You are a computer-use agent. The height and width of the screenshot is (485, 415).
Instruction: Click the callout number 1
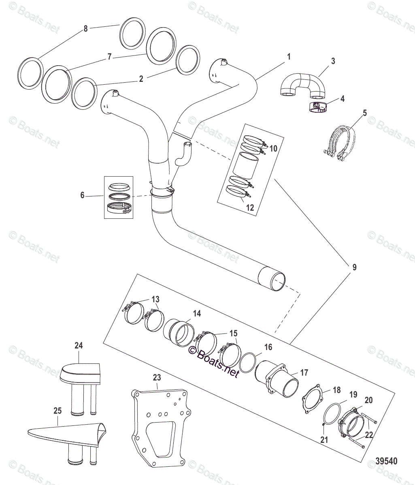pyautogui.click(x=289, y=57)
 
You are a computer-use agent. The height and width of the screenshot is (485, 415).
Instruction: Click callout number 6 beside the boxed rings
pyautogui.click(x=83, y=195)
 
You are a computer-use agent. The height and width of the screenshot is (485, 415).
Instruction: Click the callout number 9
pyautogui.click(x=354, y=267)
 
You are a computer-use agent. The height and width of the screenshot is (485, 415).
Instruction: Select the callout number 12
pyautogui.click(x=250, y=208)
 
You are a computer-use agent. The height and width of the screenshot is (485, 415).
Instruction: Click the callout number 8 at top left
pyautogui.click(x=85, y=29)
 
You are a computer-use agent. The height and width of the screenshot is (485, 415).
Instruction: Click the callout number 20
pyautogui.click(x=368, y=400)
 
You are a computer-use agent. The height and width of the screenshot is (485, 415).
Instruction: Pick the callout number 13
pyautogui.click(x=155, y=299)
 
